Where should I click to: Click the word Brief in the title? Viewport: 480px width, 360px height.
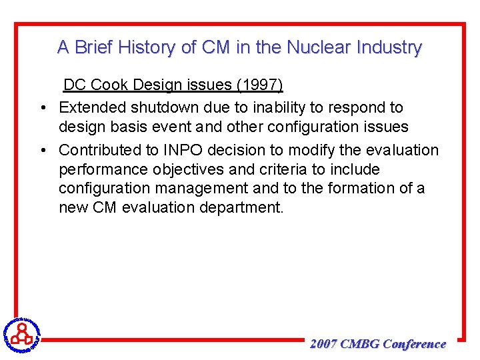(94, 47)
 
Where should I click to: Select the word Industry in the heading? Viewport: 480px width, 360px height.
(389, 47)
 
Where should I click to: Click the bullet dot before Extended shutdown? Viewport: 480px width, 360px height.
(42, 107)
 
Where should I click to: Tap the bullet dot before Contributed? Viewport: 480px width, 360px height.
(42, 151)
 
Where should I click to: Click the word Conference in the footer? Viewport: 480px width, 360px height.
(415, 344)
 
